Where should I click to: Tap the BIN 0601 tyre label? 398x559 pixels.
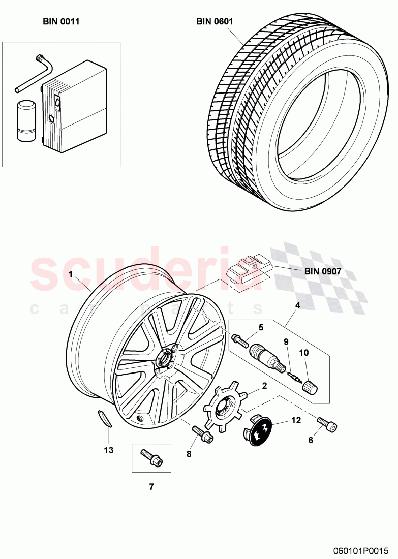215,21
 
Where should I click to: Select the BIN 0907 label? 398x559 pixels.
323,271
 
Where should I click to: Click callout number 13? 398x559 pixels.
109,450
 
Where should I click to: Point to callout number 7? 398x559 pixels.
151,487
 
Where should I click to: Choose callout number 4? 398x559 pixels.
298,305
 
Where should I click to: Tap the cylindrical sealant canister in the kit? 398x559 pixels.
25,120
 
